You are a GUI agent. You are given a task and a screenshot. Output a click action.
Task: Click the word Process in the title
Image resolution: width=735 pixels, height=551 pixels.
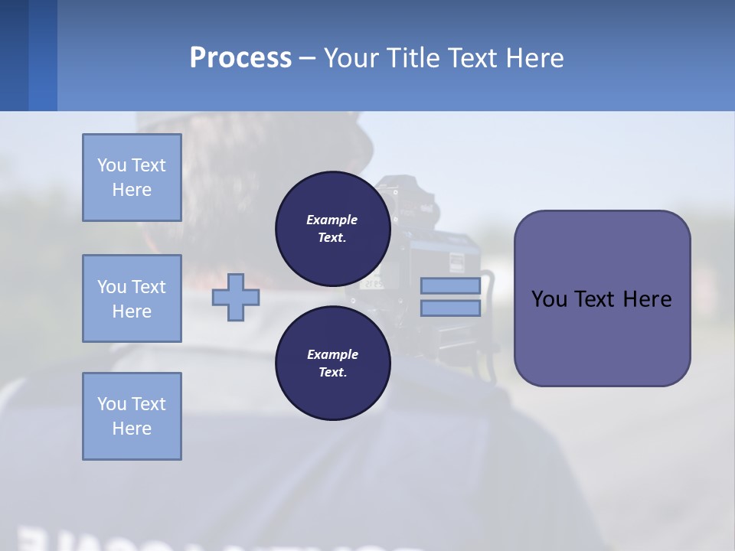pos(240,58)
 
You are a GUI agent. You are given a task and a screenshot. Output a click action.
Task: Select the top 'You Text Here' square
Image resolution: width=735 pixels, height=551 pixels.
pos(132,178)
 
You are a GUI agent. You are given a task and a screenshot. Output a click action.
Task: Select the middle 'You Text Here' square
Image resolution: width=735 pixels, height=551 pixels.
pos(132,298)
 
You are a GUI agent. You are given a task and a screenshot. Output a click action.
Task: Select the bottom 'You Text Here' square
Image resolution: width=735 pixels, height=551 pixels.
pos(132,416)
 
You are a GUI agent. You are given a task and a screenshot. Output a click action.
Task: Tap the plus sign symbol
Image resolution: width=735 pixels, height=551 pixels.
pos(236,296)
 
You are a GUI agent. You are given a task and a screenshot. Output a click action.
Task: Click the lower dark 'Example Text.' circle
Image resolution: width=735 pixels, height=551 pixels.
pos(332,363)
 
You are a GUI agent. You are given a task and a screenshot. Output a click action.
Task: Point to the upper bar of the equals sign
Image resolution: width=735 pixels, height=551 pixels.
pos(450,285)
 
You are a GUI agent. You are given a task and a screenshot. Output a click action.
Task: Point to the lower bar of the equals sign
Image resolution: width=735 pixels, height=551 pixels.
pos(450,308)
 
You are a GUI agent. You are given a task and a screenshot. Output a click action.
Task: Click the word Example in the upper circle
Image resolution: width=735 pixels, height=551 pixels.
pos(332,220)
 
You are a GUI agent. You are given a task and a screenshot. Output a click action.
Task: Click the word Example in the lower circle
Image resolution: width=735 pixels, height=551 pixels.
pos(332,354)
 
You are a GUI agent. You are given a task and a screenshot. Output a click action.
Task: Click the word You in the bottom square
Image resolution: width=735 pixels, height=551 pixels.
pos(112,404)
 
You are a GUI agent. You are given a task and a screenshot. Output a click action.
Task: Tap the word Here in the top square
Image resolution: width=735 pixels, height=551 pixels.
pos(132,190)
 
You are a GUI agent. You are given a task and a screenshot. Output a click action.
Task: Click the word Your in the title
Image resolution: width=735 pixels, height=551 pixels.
pos(354,58)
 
